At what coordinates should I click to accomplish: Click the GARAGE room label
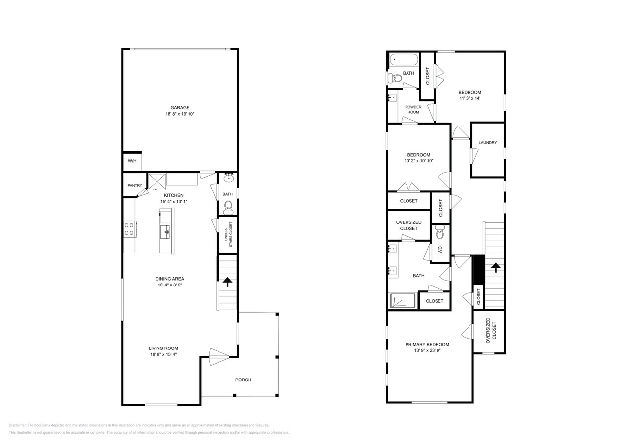point(180,108)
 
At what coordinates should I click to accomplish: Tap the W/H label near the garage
point(132,161)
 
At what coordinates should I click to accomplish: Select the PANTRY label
point(135,186)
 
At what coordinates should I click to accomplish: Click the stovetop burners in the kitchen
point(129,229)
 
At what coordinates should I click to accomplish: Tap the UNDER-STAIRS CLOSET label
point(228,234)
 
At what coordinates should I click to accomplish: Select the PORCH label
point(243,380)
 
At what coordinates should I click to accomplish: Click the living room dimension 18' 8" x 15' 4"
point(164,354)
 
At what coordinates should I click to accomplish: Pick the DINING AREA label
point(170,279)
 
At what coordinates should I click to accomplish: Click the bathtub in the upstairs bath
point(404,61)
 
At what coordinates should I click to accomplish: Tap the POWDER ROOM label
point(413,109)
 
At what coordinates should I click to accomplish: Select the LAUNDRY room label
point(488,143)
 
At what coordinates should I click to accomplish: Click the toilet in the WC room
point(440,231)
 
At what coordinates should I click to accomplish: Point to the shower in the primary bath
point(403,300)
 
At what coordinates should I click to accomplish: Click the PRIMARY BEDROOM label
point(427,344)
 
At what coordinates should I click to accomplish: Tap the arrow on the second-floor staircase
point(495,267)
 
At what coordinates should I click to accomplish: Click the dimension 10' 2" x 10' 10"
point(419,161)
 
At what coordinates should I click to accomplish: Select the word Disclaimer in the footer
point(17,425)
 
